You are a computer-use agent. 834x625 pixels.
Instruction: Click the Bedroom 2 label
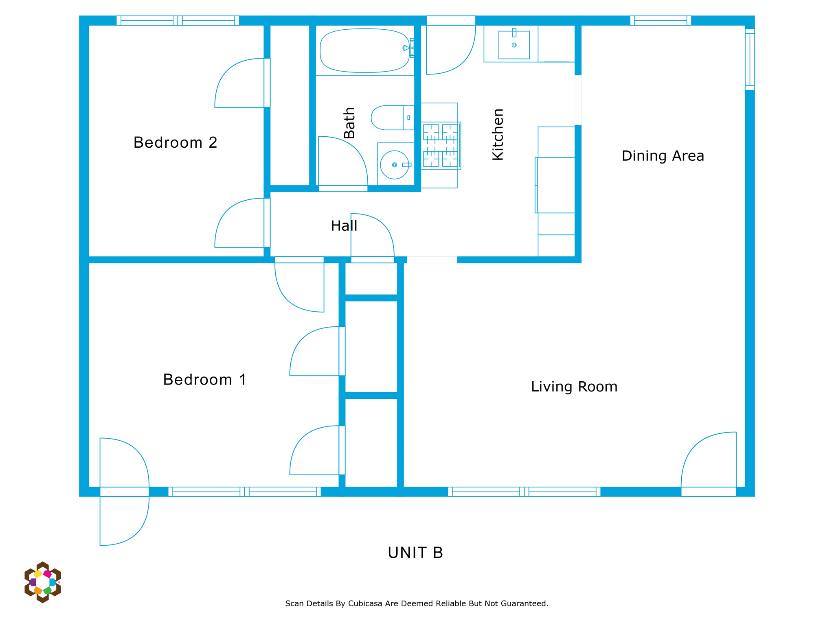pyautogui.click(x=175, y=142)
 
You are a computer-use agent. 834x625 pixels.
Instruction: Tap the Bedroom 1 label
pyautogui.click(x=204, y=380)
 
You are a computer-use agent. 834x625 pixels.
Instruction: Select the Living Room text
pyautogui.click(x=574, y=387)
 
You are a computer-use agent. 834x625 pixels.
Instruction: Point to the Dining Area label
pyautogui.click(x=663, y=156)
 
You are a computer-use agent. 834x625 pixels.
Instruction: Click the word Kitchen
pyautogui.click(x=498, y=134)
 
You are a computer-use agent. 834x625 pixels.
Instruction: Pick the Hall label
pyautogui.click(x=344, y=226)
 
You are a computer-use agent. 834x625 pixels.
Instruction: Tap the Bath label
pyautogui.click(x=349, y=123)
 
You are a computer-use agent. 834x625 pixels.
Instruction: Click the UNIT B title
pyautogui.click(x=415, y=553)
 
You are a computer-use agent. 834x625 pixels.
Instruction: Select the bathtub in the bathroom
pyautogui.click(x=365, y=50)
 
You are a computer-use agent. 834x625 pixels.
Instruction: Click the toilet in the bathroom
pyautogui.click(x=393, y=118)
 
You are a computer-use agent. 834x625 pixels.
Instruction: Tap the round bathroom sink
pyautogui.click(x=394, y=165)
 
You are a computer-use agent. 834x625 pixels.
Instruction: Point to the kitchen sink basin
pyautogui.click(x=514, y=45)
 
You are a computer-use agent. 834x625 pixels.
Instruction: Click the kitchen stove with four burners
pyautogui.click(x=441, y=145)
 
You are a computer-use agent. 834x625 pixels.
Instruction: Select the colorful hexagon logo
pyautogui.click(x=42, y=582)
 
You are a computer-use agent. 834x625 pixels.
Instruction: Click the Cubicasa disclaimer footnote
pyautogui.click(x=417, y=603)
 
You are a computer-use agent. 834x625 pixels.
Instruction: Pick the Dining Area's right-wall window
pyautogui.click(x=750, y=59)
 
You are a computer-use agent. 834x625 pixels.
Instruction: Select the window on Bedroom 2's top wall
pyautogui.click(x=178, y=20)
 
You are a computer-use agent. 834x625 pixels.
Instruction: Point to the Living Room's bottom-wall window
pyautogui.click(x=524, y=492)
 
